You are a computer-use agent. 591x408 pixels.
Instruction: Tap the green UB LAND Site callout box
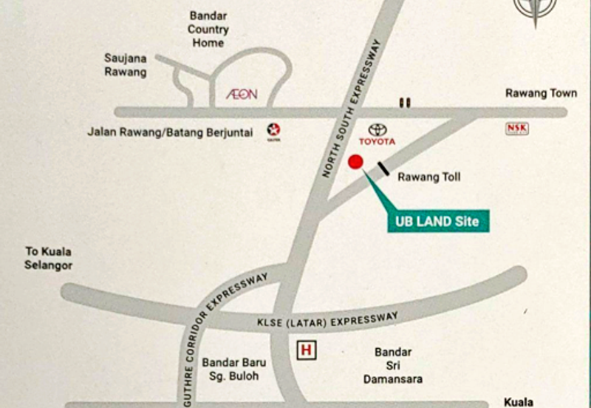[438, 220]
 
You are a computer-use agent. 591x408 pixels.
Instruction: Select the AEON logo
[242, 95]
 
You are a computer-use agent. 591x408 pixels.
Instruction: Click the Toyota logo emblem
[378, 129]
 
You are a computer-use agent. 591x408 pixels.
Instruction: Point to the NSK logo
[516, 129]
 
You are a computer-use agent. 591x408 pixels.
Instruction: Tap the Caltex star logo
[273, 131]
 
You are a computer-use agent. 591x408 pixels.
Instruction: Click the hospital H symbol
[306, 350]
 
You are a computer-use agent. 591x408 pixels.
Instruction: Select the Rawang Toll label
[428, 177]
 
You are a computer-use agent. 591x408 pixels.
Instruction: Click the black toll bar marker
[383, 169]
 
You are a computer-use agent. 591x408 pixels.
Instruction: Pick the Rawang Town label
[541, 93]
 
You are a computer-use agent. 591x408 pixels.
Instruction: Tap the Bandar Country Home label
[208, 30]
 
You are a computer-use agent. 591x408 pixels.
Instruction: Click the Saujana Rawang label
[126, 65]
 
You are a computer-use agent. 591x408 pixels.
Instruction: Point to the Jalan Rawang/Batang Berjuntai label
[170, 132]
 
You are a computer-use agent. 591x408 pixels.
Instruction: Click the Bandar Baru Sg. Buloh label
[233, 369]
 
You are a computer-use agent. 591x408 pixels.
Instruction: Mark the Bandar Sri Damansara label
[392, 365]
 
